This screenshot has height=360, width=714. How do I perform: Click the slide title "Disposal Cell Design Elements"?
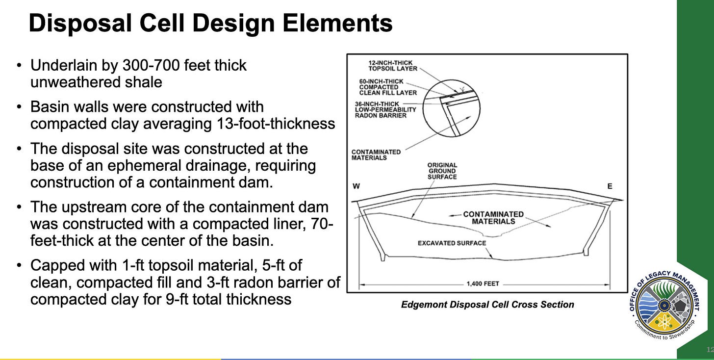pyautogui.click(x=210, y=23)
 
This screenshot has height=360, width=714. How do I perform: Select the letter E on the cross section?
pyautogui.click(x=610, y=187)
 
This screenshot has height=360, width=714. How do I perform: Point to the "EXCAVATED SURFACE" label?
pyautogui.click(x=452, y=243)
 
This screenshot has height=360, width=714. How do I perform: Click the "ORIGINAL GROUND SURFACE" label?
pyautogui.click(x=442, y=171)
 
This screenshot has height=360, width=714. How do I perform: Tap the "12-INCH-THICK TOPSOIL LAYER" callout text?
pyautogui.click(x=392, y=66)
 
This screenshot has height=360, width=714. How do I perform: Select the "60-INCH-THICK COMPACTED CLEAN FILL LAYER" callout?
pyautogui.click(x=387, y=87)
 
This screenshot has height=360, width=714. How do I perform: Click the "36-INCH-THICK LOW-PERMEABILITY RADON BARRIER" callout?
pyautogui.click(x=385, y=109)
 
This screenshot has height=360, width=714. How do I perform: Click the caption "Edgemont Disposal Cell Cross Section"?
pyautogui.click(x=487, y=305)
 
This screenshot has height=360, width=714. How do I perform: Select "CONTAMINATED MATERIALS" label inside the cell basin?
pyautogui.click(x=493, y=217)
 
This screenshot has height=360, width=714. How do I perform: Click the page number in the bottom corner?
pyautogui.click(x=709, y=349)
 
